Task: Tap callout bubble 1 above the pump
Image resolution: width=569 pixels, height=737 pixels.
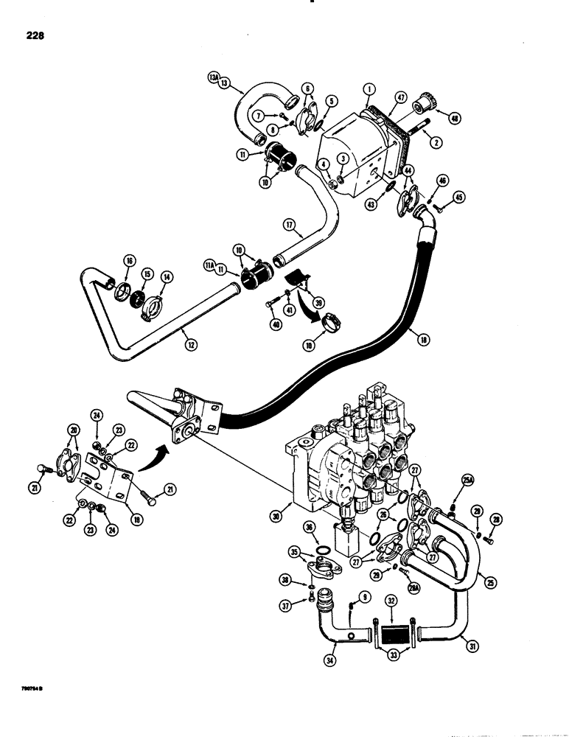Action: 367,89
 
